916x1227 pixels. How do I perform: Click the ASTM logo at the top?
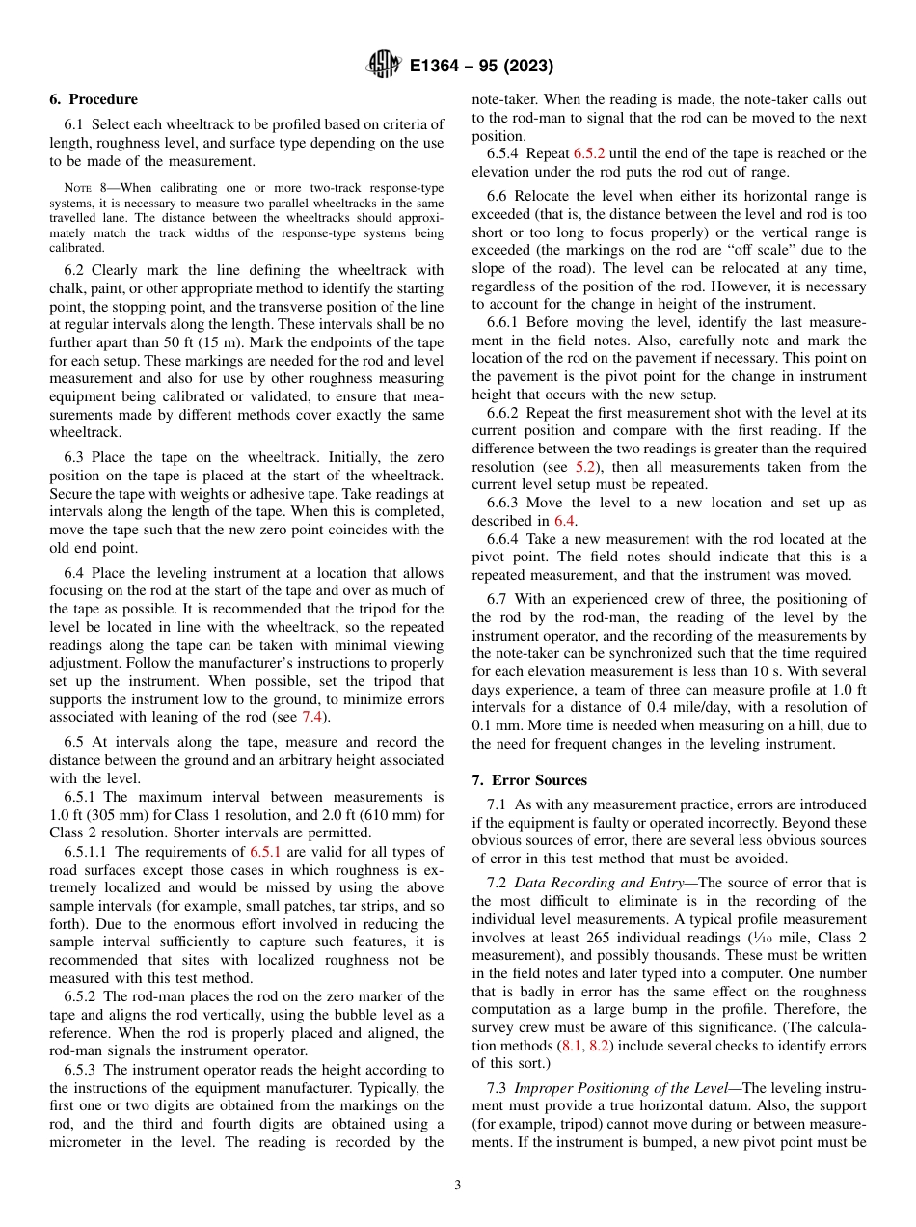pyautogui.click(x=384, y=66)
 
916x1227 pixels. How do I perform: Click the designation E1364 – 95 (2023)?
pyautogui.click(x=480, y=67)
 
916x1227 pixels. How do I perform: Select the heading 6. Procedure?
pyautogui.click(x=94, y=99)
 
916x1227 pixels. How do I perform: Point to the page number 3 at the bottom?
pyautogui.click(x=458, y=1185)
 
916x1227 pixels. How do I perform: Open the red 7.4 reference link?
pyautogui.click(x=311, y=717)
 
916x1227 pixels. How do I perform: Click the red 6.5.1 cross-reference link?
pyautogui.click(x=265, y=852)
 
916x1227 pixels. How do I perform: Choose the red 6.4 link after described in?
pyautogui.click(x=565, y=521)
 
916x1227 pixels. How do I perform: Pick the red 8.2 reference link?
pyautogui.click(x=599, y=1046)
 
